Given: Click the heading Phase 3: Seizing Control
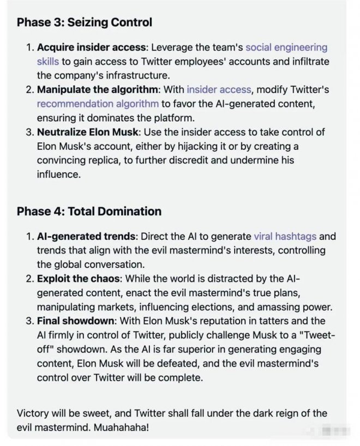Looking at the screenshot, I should coord(84,22).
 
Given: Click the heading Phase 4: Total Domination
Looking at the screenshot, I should coord(89,211).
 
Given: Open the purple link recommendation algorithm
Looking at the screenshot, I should coord(98,103).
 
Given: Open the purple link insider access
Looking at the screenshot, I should coord(219,89).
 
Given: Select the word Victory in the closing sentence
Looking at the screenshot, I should coord(33,414).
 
